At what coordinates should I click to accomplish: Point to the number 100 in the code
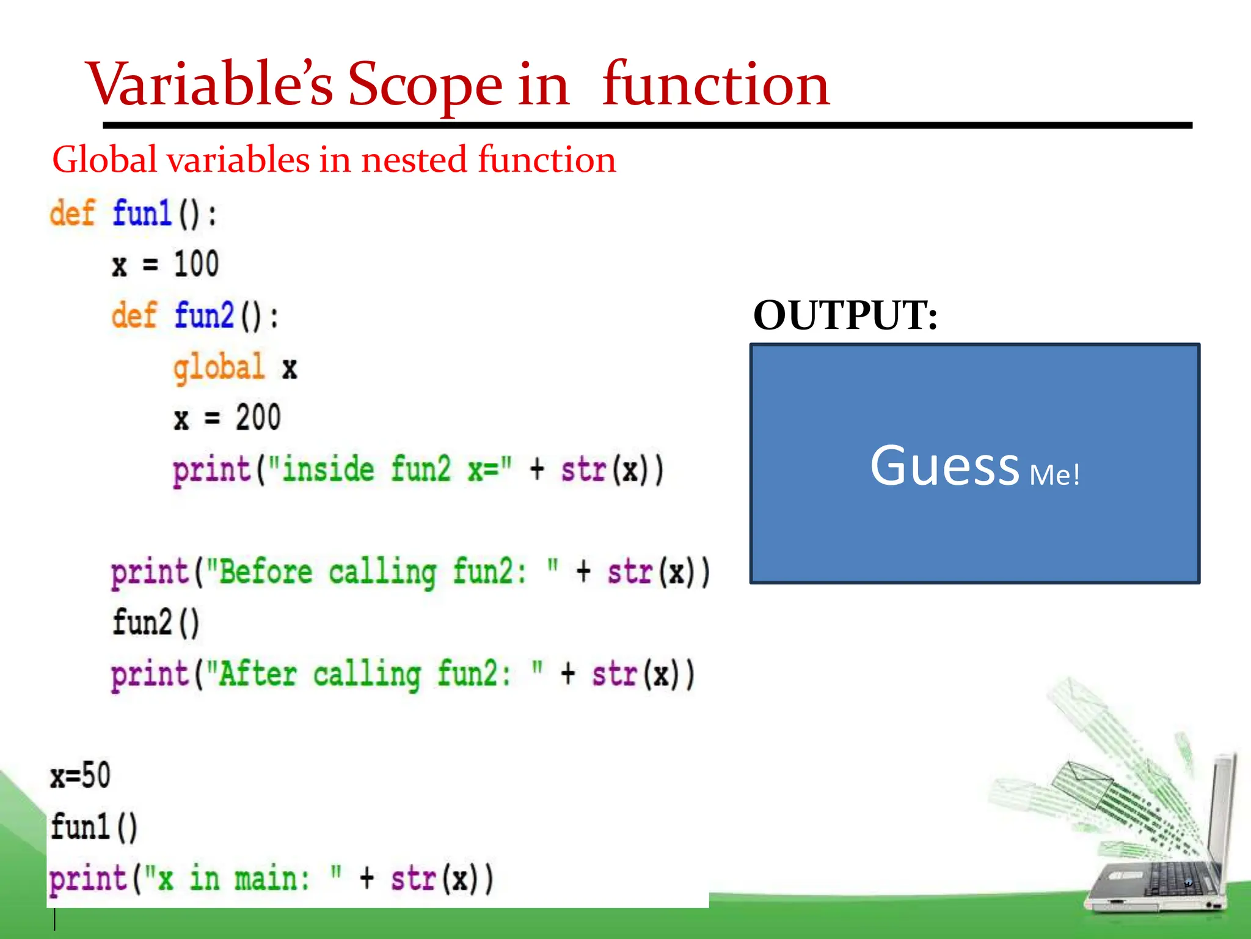(x=196, y=265)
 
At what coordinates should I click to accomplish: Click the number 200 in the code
(x=258, y=418)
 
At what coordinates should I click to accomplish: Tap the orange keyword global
(x=219, y=367)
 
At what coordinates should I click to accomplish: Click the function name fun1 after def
(x=142, y=214)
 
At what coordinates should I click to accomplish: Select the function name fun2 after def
(x=204, y=316)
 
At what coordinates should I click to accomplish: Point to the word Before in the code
(x=266, y=573)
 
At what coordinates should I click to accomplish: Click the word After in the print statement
(x=257, y=675)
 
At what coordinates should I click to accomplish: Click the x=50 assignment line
(x=80, y=776)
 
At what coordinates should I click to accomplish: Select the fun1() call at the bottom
(x=93, y=827)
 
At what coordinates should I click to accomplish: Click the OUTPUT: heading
(x=845, y=315)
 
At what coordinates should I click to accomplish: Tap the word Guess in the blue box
(x=944, y=466)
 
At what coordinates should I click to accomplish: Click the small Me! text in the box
(x=1054, y=475)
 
